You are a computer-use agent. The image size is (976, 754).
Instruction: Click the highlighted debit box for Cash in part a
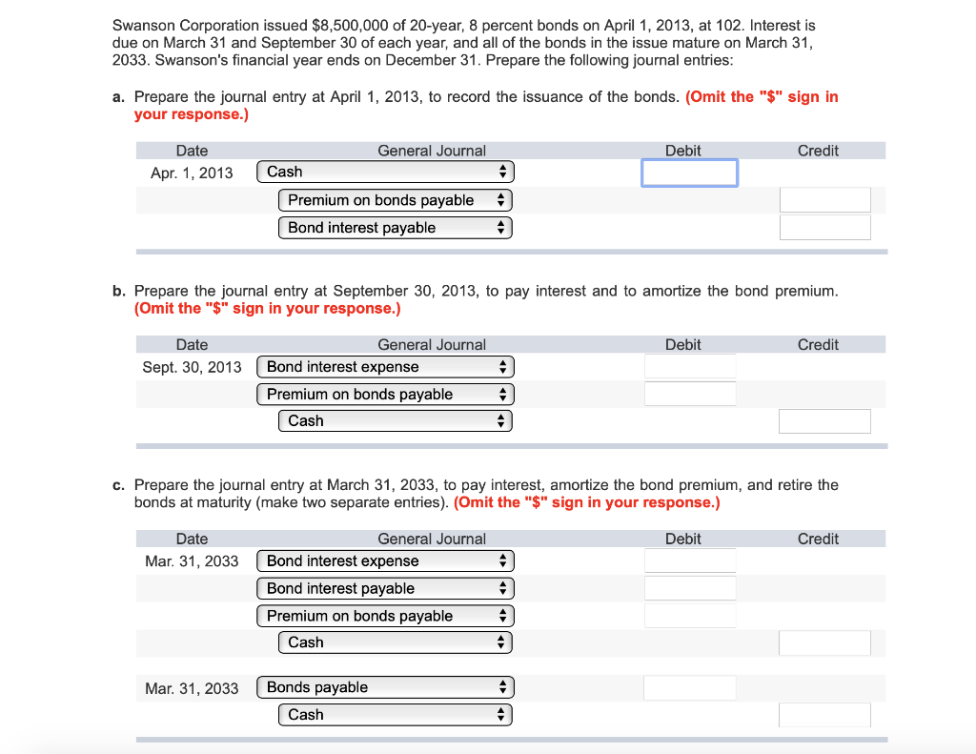tap(689, 173)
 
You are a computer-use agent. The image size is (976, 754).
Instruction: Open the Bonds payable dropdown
tap(384, 687)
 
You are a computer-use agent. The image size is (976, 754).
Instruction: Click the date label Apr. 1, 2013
tap(192, 173)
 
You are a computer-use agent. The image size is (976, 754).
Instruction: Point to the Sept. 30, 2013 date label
tap(192, 367)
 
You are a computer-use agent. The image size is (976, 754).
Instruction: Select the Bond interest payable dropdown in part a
tap(395, 228)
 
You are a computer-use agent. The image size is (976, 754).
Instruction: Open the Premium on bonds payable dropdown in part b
tap(384, 394)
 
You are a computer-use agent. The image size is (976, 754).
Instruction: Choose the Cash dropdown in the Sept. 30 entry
tap(395, 420)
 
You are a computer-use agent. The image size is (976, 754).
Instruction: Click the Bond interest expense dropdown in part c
tap(384, 561)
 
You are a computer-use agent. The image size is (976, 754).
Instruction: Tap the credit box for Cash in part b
tap(824, 421)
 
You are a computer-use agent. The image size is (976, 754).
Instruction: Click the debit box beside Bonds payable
tap(689, 687)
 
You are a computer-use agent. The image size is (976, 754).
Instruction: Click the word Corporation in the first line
tap(210, 25)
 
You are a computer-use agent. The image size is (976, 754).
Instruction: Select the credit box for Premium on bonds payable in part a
tap(824, 200)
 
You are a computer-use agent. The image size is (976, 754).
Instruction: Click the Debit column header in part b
tap(682, 345)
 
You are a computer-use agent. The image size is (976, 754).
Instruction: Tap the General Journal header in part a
tap(432, 151)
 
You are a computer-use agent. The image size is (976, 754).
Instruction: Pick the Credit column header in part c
tap(818, 540)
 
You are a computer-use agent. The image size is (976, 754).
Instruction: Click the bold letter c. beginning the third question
tap(117, 485)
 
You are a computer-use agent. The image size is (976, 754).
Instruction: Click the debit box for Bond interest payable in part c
tap(689, 588)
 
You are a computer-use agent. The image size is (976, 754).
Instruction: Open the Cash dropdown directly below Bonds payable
tap(395, 714)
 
